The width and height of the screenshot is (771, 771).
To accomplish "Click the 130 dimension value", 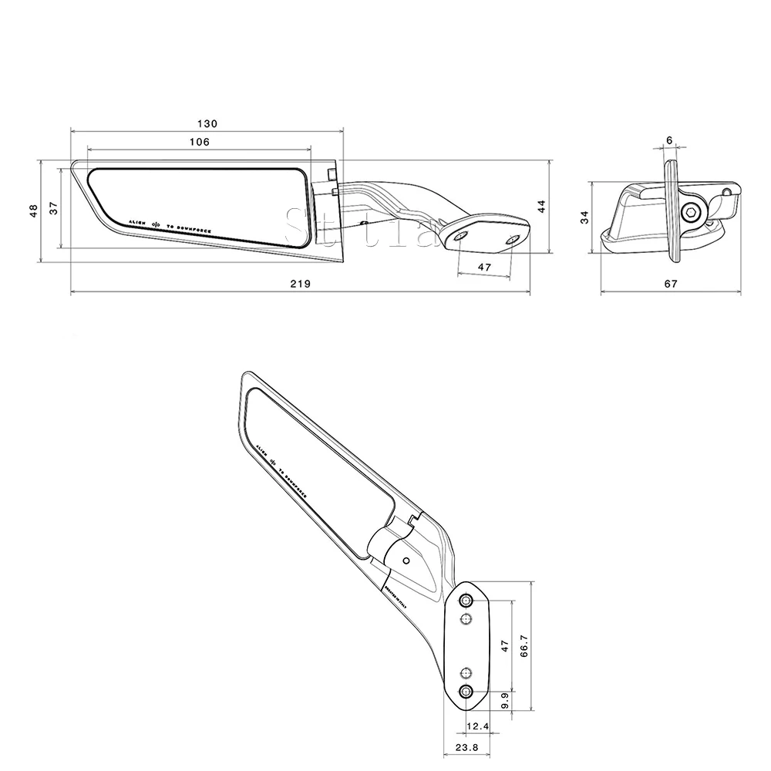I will click(x=207, y=123).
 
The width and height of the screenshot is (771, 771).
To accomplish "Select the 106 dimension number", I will click(x=199, y=141).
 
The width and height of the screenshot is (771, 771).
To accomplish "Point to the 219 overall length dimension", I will click(x=300, y=284).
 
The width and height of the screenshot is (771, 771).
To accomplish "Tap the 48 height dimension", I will click(x=33, y=210).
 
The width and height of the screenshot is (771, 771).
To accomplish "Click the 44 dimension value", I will click(x=541, y=206).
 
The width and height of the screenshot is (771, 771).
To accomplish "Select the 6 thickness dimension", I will click(x=668, y=140).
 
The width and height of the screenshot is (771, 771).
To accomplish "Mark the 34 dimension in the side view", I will click(x=585, y=217).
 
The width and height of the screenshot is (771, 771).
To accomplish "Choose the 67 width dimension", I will click(x=670, y=284).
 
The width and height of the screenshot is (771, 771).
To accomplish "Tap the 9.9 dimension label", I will click(x=503, y=701).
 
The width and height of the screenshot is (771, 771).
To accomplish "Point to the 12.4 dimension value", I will click(x=478, y=727).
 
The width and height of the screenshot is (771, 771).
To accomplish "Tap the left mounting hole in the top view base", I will click(x=460, y=237).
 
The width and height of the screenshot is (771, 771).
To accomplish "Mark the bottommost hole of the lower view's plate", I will click(x=466, y=691).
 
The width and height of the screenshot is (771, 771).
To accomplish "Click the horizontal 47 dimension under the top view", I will click(x=485, y=266).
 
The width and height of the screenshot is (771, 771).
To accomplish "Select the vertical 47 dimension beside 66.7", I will click(x=505, y=646).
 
